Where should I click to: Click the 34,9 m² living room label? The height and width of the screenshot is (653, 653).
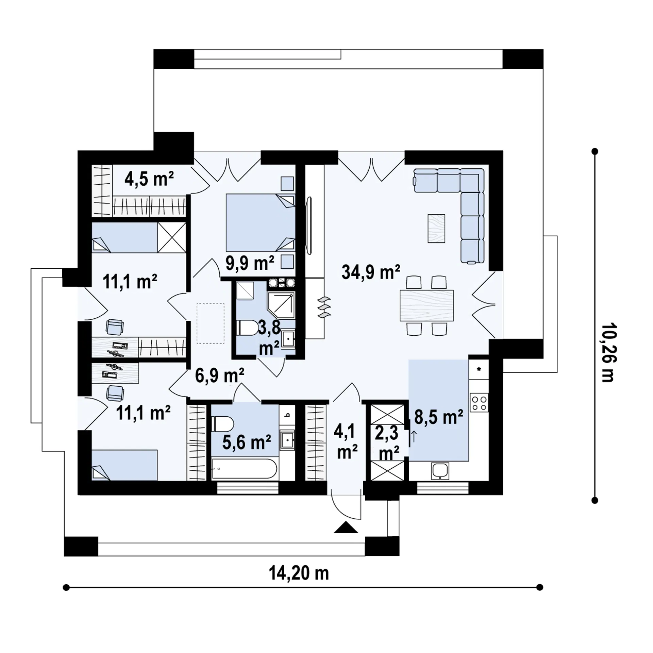(371, 272)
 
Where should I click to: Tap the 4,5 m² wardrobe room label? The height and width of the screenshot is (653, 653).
(149, 179)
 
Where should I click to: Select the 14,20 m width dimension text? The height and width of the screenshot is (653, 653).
(299, 573)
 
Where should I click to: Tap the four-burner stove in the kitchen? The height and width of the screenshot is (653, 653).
(479, 403)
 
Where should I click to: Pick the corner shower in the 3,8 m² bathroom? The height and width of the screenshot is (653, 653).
(281, 305)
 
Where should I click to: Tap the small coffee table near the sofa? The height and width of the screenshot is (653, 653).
(436, 228)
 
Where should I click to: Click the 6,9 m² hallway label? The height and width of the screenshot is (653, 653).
(220, 376)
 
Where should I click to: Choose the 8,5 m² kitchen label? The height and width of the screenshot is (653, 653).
(439, 418)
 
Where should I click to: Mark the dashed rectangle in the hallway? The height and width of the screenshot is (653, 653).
(210, 323)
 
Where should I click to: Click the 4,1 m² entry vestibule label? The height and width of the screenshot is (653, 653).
(347, 442)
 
